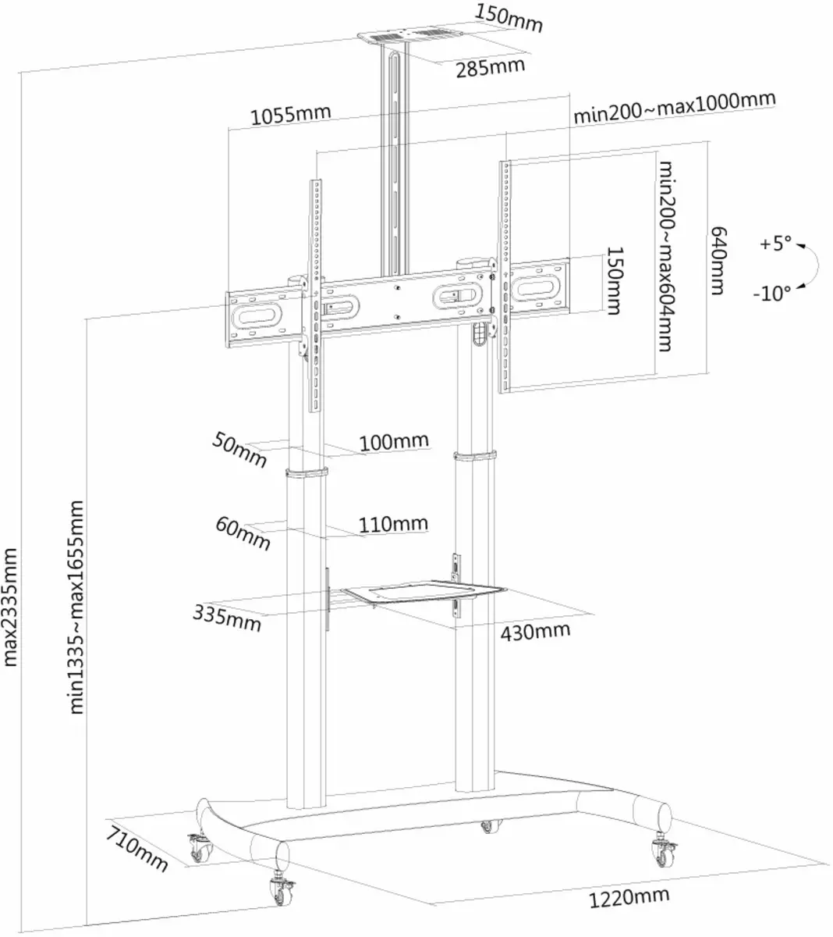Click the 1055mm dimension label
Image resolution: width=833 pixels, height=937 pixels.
(x=291, y=115)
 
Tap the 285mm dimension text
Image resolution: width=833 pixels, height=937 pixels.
(x=490, y=68)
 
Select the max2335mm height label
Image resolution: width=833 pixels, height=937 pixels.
(x=9, y=607)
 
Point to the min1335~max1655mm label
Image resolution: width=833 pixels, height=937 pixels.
(x=76, y=607)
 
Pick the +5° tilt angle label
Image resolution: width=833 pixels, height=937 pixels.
(x=776, y=244)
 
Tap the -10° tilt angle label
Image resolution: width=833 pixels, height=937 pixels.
(x=772, y=294)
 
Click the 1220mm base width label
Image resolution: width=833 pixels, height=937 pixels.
(x=629, y=898)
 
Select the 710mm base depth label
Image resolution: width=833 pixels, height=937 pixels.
(x=136, y=849)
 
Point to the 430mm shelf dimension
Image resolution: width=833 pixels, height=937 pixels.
(x=535, y=632)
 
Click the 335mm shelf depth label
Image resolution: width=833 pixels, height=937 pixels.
(x=227, y=618)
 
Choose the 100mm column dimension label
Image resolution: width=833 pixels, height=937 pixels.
(x=394, y=442)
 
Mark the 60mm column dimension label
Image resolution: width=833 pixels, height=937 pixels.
(x=243, y=533)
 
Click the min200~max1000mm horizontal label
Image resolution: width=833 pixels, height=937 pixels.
(x=674, y=108)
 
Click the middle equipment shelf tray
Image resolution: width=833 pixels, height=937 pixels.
(x=424, y=592)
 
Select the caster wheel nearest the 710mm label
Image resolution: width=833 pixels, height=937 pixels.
(x=201, y=848)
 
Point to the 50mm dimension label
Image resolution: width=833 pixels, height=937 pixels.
(x=239, y=450)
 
